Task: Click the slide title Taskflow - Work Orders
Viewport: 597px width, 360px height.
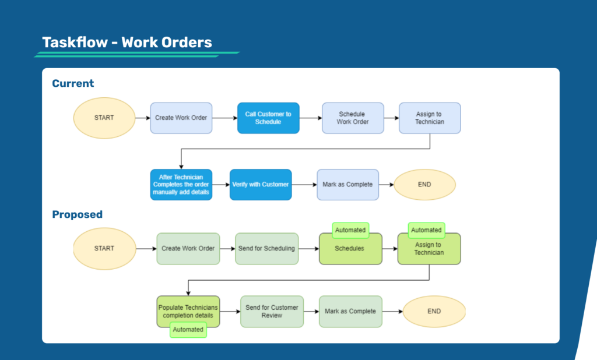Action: pos(127,43)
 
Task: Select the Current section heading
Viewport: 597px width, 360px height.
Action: pos(73,83)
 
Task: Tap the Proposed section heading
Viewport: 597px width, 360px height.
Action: pos(78,214)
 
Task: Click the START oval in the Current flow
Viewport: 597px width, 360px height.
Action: pos(104,118)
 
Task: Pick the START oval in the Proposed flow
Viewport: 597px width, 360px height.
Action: pos(104,249)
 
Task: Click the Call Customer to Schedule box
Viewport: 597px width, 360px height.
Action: pos(268,118)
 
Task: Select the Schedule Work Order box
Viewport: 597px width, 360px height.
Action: pos(353,118)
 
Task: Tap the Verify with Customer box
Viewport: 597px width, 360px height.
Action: pos(261,185)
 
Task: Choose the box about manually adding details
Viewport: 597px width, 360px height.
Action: pos(181,185)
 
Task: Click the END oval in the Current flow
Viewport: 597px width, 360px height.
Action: pos(424,185)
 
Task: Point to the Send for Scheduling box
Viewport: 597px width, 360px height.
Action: pos(267,249)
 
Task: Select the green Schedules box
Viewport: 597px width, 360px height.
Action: pos(350,249)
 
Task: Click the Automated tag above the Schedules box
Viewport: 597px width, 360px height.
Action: pos(350,230)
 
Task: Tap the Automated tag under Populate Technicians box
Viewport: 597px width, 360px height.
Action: pos(188,330)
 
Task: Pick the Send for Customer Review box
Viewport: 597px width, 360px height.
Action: pos(272,312)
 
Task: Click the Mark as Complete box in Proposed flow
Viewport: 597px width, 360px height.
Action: pos(350,312)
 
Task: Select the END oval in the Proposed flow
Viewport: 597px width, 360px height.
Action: pos(434,312)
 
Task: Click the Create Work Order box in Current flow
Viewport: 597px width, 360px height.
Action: pos(181,118)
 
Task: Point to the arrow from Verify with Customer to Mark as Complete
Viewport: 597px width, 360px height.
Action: pos(304,185)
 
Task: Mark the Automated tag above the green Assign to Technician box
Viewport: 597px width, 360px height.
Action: pos(426,230)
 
